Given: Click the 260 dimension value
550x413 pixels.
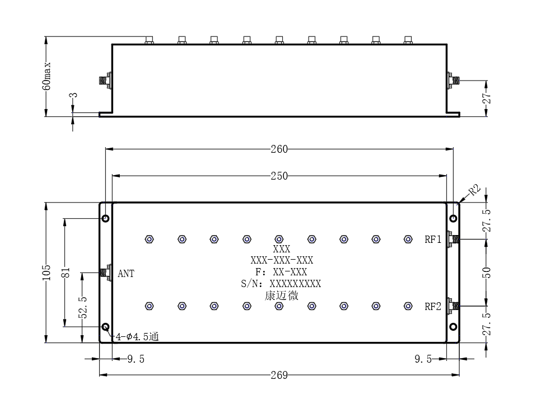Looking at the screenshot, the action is (279, 149).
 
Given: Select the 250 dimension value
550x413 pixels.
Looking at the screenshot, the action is (279, 176).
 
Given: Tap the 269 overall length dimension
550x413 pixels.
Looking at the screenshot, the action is (279, 375).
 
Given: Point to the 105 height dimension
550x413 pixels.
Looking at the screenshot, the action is (46, 273).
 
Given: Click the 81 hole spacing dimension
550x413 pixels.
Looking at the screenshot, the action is (66, 273).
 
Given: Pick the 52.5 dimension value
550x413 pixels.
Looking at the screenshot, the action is (83, 307).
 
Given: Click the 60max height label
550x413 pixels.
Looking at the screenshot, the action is (46, 76).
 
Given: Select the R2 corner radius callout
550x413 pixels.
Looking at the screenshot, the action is (474, 190).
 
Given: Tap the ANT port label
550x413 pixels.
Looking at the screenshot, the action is (126, 274).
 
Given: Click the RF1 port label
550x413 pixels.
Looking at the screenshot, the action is (433, 240).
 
